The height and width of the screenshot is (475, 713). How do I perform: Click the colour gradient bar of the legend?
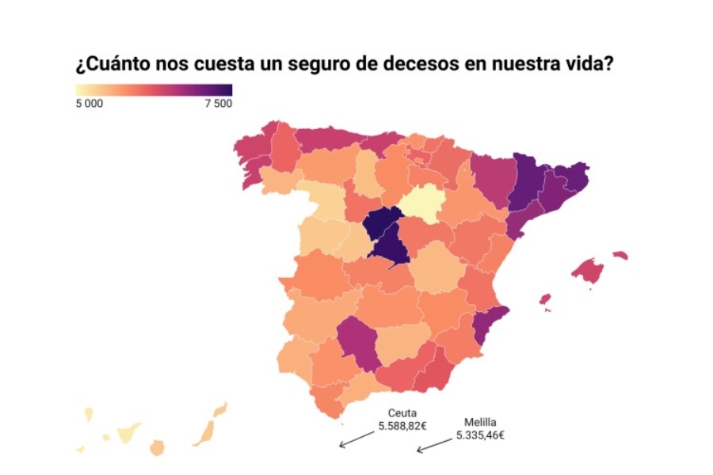click(154, 89)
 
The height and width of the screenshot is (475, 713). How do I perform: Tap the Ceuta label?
click(402, 413)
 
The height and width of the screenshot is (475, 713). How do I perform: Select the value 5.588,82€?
click(402, 426)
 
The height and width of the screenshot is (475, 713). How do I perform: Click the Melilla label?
click(480, 422)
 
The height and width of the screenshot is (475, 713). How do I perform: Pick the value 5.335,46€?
click(480, 435)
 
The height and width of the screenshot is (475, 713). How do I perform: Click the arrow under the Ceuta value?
click(356, 439)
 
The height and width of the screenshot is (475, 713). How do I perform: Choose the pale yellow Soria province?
click(419, 203)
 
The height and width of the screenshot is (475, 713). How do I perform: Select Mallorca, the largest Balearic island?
click(587, 272)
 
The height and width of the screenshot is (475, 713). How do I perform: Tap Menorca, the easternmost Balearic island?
click(620, 256)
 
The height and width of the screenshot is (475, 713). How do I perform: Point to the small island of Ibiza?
click(545, 298)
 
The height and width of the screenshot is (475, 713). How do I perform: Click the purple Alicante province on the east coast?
click(486, 325)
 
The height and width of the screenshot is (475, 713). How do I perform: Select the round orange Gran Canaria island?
click(157, 448)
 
